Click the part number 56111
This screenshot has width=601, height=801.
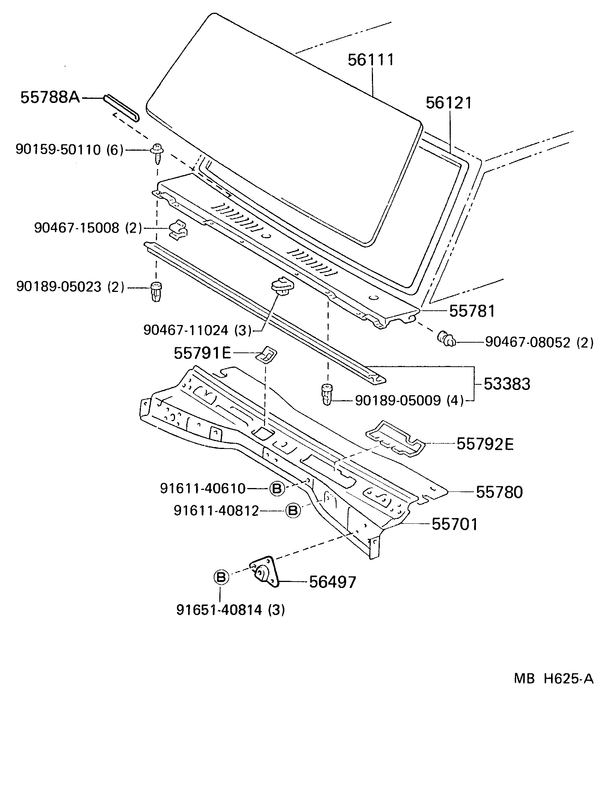click(x=371, y=60)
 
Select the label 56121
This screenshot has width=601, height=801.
click(x=448, y=103)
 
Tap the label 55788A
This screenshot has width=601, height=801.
click(x=50, y=98)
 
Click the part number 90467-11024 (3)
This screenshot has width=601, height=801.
click(x=198, y=330)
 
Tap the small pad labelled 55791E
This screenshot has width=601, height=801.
click(x=266, y=354)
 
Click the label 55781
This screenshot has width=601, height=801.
click(x=472, y=311)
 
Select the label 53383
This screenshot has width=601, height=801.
click(x=507, y=384)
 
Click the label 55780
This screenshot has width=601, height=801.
click(x=499, y=492)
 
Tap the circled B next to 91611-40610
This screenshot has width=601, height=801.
click(x=277, y=489)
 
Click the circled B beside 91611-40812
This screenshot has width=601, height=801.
click(x=293, y=511)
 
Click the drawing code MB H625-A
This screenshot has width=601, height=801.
click(x=553, y=679)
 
